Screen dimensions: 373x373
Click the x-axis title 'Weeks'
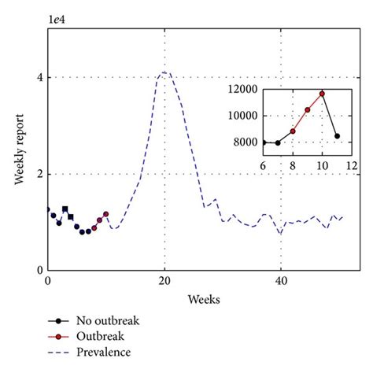point(203,299)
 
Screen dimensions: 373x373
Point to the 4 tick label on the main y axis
point(37,77)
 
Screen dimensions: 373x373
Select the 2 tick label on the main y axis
point(37,174)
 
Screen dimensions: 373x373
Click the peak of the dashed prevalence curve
point(164,72)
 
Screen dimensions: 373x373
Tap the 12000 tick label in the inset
point(241,89)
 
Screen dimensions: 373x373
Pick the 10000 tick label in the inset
point(241,116)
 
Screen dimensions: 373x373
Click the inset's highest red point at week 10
point(322,94)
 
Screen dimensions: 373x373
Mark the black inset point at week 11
point(337,136)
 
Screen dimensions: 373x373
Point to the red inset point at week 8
point(293,131)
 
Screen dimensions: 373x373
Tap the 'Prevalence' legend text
point(103,352)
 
